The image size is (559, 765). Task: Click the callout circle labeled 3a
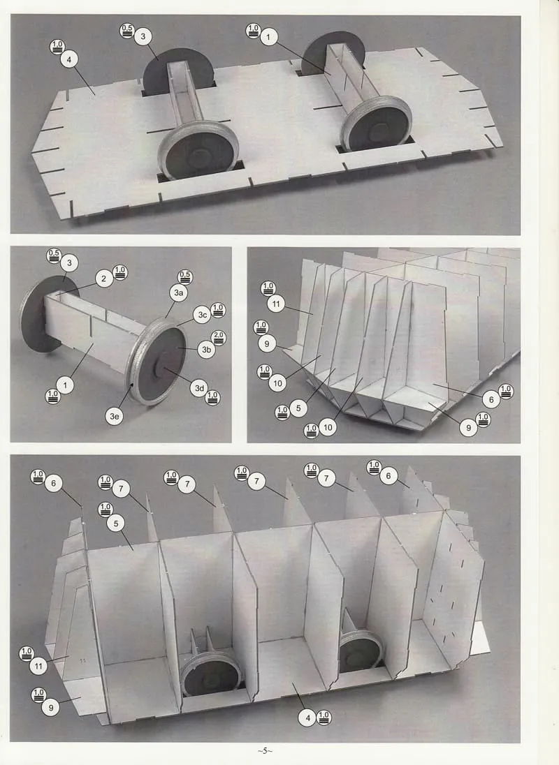[179, 292]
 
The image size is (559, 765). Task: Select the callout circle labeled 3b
[207, 350]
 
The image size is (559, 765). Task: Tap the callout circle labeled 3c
[202, 315]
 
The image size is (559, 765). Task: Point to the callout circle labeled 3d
[199, 388]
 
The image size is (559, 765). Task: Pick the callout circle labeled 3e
[114, 416]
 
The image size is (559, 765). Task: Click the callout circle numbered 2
[103, 279]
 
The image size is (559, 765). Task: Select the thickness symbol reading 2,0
[218, 338]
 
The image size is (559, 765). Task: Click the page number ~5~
[265, 750]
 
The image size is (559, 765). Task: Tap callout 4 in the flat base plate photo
[69, 59]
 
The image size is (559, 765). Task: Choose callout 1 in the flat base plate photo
[268, 36]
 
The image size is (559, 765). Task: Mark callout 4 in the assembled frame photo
[307, 718]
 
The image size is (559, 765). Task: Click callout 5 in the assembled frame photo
[116, 523]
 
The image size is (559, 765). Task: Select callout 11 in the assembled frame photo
[38, 666]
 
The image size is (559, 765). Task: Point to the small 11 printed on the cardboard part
[82, 660]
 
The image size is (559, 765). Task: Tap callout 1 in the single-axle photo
[65, 385]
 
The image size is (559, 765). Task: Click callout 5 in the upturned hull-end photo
[298, 408]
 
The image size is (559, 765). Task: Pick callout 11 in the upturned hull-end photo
[276, 304]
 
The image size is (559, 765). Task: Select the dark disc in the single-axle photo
[43, 313]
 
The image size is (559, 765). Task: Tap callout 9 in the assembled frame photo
[51, 708]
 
